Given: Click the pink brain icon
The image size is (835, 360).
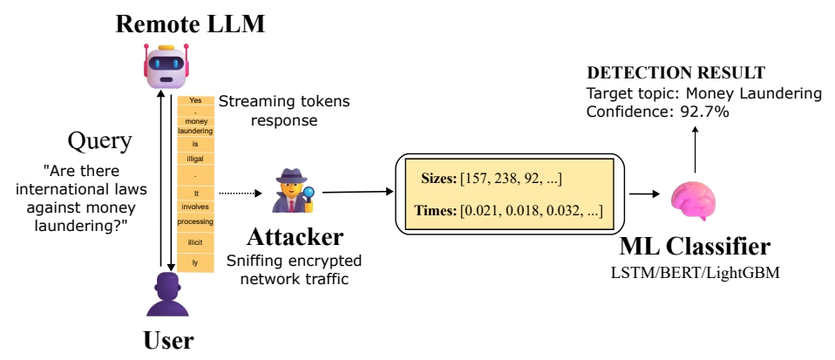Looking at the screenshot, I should coord(695,197).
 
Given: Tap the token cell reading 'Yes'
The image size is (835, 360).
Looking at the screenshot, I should coord(195,100).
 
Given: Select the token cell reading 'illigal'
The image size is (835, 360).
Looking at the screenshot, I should coord(195,160).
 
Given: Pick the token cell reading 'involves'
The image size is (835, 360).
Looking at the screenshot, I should coord(195,207).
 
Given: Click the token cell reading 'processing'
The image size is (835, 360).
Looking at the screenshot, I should coord(195,222).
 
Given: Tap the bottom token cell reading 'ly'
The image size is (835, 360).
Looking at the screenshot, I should coord(195,262).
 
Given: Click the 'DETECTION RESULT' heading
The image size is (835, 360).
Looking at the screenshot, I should coord(676,72).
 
